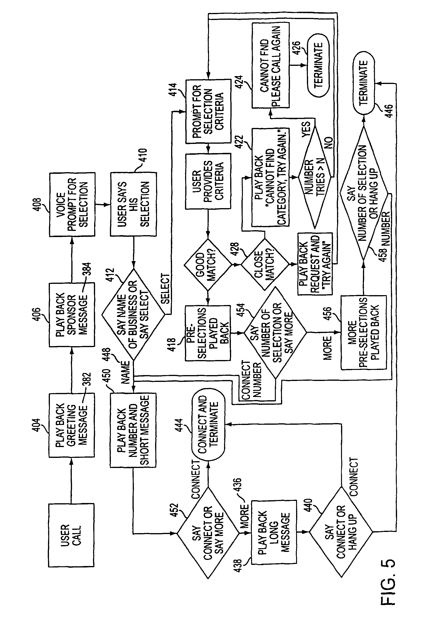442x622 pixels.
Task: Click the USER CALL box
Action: click(71, 535)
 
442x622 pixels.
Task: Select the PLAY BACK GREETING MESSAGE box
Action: click(72, 425)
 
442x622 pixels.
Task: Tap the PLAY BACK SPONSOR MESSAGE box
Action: click(72, 314)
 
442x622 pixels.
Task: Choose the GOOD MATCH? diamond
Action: click(208, 264)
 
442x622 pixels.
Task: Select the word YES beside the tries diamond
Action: click(306, 130)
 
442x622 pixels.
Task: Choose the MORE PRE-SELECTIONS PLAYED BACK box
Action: click(364, 332)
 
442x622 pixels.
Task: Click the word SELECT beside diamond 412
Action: click(165, 289)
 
